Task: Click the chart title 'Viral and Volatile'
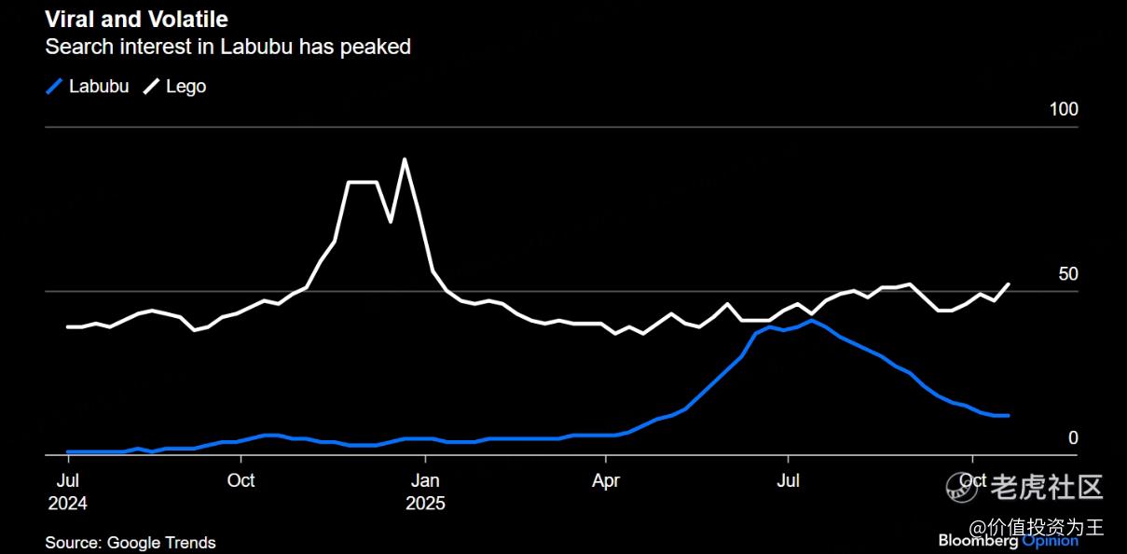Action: point(136,19)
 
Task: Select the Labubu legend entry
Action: point(89,87)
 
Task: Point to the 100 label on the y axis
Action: point(1063,109)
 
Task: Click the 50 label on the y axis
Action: point(1067,274)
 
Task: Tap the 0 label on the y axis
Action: point(1072,437)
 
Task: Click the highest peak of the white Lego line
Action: point(405,159)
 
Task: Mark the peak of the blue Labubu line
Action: point(813,320)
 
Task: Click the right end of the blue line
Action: point(1009,415)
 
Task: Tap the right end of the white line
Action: point(1009,284)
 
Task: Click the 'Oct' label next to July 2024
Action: point(241,481)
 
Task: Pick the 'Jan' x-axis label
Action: point(425,481)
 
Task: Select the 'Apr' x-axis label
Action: point(606,481)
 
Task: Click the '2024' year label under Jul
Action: point(68,504)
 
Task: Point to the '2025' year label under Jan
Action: point(425,504)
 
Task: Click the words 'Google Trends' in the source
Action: point(161,543)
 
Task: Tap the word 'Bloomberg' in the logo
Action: point(978,541)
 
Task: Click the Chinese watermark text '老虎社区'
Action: point(1047,486)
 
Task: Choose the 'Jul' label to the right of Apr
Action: point(789,481)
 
